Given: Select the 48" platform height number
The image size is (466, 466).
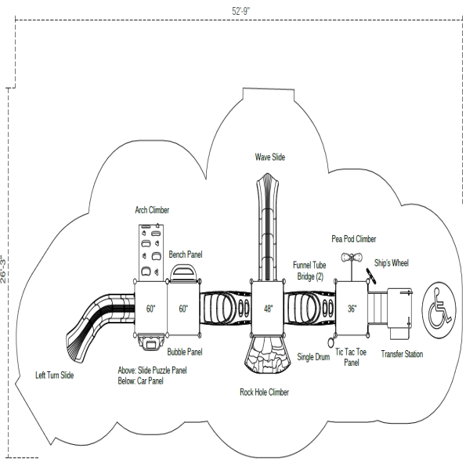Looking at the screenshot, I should [268, 309].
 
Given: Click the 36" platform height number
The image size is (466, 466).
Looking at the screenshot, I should [352, 309].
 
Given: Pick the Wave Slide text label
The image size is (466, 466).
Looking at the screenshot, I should [269, 157].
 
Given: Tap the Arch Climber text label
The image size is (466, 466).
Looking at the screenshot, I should [151, 211].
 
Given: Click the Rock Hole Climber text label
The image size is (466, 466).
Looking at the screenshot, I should [264, 392].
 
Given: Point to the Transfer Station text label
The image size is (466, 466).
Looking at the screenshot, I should [402, 355].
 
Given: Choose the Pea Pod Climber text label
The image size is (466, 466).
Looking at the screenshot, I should [353, 239].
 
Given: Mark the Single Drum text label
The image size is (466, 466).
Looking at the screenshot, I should [313, 357].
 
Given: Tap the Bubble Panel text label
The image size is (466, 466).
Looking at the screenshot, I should [185, 352].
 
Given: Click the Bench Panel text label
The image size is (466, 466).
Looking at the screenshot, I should [186, 255].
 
